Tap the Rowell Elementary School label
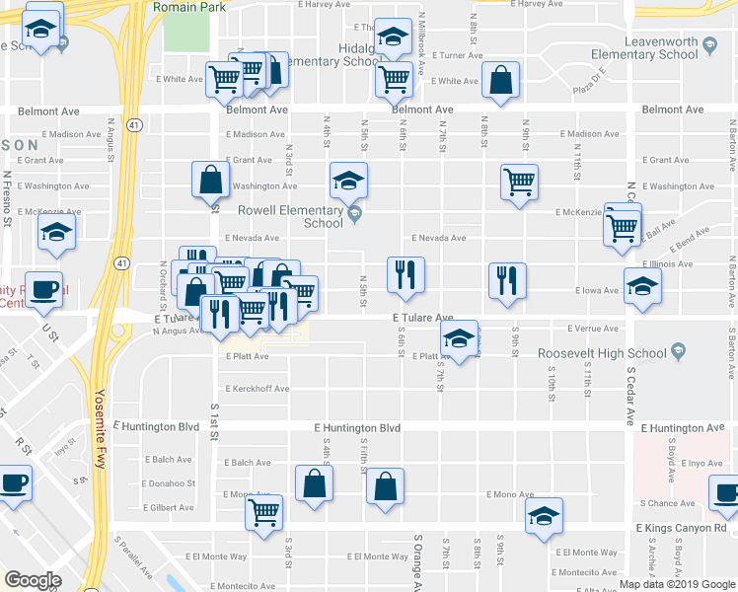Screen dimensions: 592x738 pos(295,216)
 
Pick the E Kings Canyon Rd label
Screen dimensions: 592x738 pos(681,529)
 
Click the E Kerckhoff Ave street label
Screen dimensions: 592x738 pos(257,389)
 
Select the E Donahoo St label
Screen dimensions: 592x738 pos(169,483)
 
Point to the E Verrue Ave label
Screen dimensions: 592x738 pos(594,329)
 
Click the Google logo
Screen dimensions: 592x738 pos(34,579)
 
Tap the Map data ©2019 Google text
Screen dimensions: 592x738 pos(678,584)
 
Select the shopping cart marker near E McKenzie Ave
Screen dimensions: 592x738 pos(519,181)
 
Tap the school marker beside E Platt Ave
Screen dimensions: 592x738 pos(459,338)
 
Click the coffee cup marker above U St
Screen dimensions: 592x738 pos(43,288)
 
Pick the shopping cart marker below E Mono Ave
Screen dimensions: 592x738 pos(264,509)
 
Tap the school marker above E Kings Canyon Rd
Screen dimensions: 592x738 pos(543,516)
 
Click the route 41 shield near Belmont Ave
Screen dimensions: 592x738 pos(134,124)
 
